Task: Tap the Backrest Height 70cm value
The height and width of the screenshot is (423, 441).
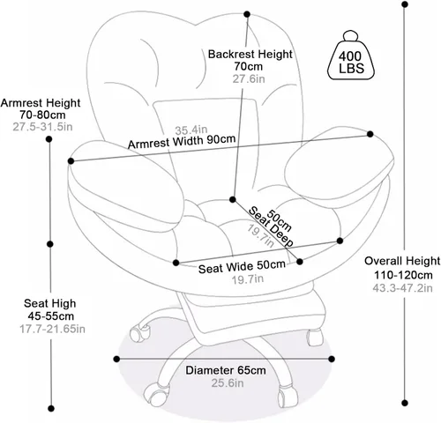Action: coord(249,67)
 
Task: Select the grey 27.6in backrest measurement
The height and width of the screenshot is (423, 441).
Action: coord(249,79)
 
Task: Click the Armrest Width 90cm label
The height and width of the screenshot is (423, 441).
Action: coord(182,142)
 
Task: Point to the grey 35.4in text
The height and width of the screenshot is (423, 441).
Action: coord(191,130)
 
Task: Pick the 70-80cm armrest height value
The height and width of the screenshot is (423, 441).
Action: coord(42,115)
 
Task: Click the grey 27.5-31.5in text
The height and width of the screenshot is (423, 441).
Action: coord(42,127)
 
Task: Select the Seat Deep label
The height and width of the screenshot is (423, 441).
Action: coord(271,226)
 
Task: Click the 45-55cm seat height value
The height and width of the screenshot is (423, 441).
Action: coord(50,316)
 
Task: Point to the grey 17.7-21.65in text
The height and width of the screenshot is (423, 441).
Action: coord(52,329)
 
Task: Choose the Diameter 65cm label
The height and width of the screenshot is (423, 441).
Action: coord(226,370)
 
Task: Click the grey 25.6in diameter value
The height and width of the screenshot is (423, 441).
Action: coord(228,382)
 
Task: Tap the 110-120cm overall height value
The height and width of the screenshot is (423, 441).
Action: coord(403,275)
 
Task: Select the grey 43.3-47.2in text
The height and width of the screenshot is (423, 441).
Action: coord(402,288)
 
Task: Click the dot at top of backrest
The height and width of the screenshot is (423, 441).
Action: coord(247,14)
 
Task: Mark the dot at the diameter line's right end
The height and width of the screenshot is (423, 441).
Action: coord(332,359)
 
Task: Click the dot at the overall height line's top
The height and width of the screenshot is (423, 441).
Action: coord(405,4)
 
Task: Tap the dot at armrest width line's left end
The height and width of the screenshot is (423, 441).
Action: coord(71,161)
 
